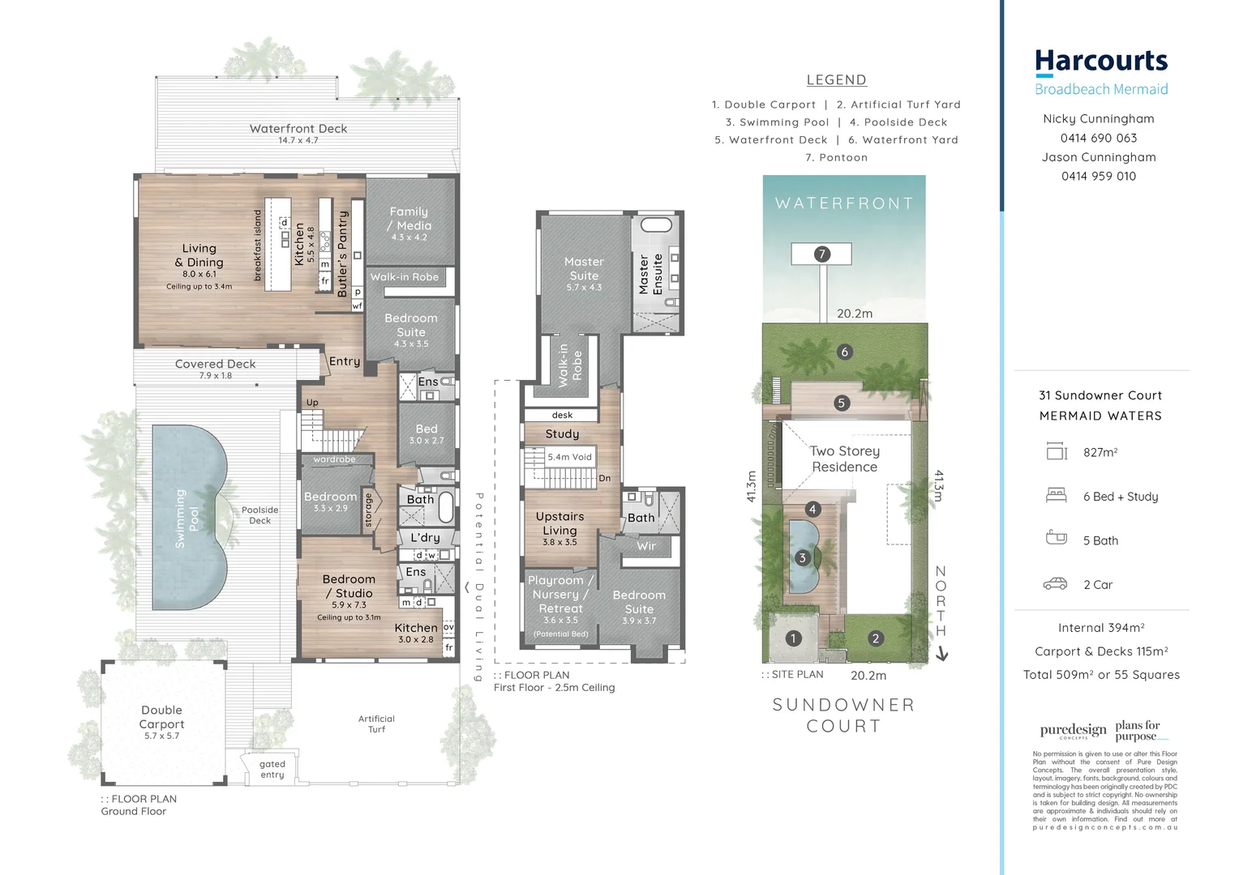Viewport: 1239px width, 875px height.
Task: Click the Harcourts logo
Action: pos(1100,62)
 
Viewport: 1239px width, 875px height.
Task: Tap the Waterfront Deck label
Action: pos(298,129)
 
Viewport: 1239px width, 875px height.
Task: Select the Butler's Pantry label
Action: pos(342,254)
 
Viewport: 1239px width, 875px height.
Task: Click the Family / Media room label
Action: pos(409,219)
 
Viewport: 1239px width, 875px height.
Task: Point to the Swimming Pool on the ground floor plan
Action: pos(186,519)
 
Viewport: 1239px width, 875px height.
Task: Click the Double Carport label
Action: pos(161,717)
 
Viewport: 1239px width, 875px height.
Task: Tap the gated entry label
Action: pos(272,769)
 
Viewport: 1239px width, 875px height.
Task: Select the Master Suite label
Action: pos(584,268)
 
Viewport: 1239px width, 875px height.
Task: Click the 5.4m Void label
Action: pos(569,457)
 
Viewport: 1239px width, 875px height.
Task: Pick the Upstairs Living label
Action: pos(559,523)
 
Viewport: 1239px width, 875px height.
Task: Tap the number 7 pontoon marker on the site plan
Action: pos(821,254)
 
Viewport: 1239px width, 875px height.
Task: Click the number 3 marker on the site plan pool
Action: pos(802,557)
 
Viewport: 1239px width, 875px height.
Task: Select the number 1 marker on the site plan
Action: pos(793,638)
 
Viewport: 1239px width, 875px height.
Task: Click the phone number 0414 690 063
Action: pos(1099,138)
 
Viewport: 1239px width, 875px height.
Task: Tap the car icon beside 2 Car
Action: pos(1055,583)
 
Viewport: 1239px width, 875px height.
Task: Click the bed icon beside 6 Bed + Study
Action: pos(1056,495)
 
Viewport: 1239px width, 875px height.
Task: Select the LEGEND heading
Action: pos(836,80)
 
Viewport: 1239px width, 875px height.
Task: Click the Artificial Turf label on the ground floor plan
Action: pos(376,723)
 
